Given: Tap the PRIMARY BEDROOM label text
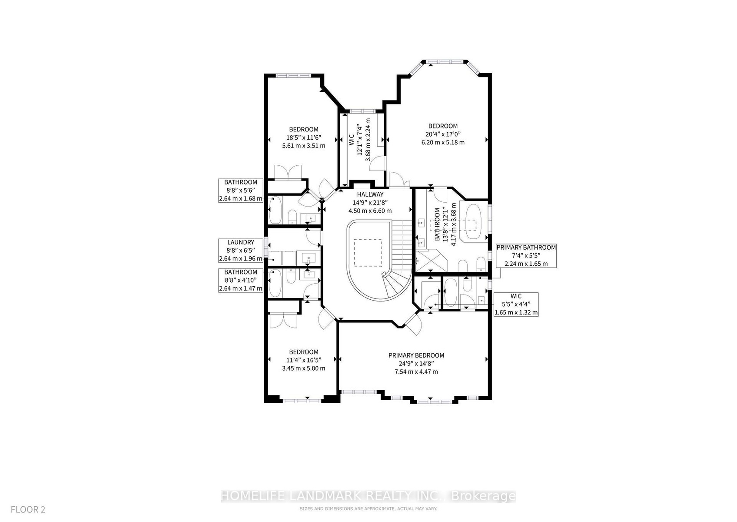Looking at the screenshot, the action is pyautogui.click(x=416, y=355).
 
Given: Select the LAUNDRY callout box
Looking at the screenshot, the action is pyautogui.click(x=241, y=251).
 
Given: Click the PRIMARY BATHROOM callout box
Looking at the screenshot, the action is pyautogui.click(x=526, y=256).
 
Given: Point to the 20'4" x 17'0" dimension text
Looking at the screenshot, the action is pyautogui.click(x=443, y=134).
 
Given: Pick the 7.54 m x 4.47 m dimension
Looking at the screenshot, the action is pyautogui.click(x=416, y=372).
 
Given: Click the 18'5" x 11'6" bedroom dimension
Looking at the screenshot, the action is pyautogui.click(x=303, y=137).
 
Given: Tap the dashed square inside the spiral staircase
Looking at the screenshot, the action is pyautogui.click(x=368, y=253).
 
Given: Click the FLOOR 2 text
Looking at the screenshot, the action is pyautogui.click(x=28, y=509).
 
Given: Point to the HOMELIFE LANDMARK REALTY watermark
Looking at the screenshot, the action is pyautogui.click(x=368, y=495).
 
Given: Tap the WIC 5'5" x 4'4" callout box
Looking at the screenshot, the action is pyautogui.click(x=516, y=304).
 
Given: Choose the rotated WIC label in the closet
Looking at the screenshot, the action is pyautogui.click(x=352, y=140).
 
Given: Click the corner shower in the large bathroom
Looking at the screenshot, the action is pyautogui.click(x=431, y=261).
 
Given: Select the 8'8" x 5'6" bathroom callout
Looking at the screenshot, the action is pyautogui.click(x=241, y=191).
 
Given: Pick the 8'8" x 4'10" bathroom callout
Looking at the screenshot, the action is pyautogui.click(x=241, y=280).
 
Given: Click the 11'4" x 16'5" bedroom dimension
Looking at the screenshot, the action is pyautogui.click(x=303, y=360).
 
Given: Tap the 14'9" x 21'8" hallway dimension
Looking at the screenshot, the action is pyautogui.click(x=370, y=203).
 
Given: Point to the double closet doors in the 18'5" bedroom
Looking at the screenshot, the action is pyautogui.click(x=288, y=172).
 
